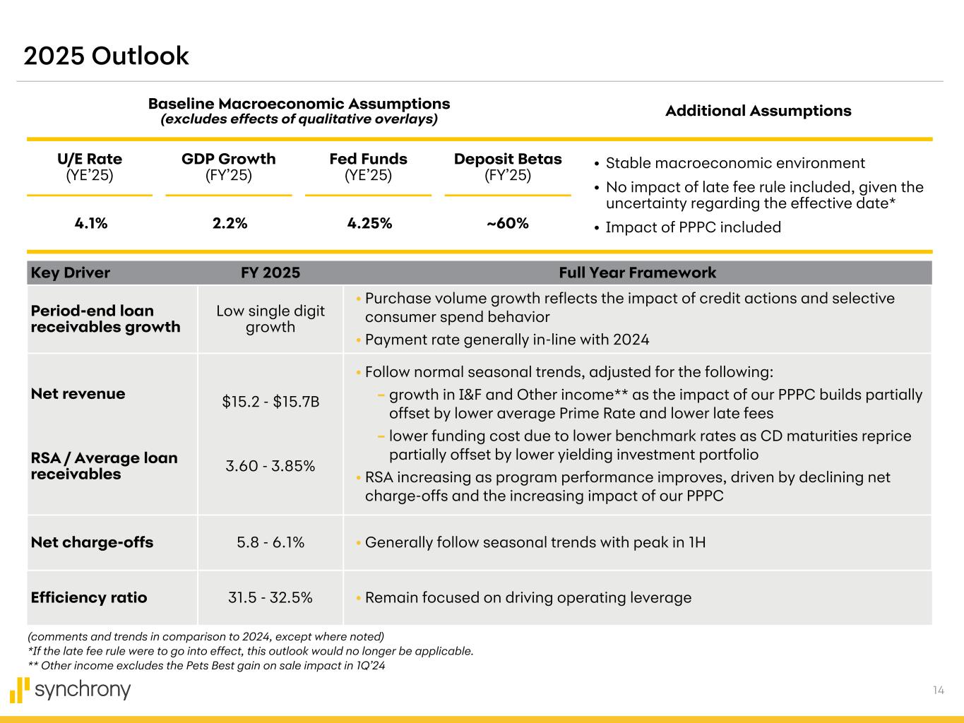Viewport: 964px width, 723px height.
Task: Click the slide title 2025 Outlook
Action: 106,56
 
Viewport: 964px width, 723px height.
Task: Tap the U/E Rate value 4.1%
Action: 91,224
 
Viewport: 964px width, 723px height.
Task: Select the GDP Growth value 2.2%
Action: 230,224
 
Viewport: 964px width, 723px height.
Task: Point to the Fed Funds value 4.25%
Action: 369,224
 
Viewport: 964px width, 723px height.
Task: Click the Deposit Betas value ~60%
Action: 508,224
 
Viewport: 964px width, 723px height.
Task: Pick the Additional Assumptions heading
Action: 758,111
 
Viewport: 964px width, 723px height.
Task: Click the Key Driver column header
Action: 71,273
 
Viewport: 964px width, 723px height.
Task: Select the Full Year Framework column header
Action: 637,273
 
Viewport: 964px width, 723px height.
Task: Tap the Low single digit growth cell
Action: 270,319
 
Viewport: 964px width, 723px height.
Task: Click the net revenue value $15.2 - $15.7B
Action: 270,402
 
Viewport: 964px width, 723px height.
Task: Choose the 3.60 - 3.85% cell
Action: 270,466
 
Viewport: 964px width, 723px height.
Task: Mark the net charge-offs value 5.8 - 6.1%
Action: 270,542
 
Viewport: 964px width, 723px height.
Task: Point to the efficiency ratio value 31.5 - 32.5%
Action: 270,597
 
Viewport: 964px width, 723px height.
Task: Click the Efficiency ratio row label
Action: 89,597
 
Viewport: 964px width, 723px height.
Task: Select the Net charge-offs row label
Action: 92,542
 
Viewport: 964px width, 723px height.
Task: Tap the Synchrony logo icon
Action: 20,690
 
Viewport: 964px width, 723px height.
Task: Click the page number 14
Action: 938,691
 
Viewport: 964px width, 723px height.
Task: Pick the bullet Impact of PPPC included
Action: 693,227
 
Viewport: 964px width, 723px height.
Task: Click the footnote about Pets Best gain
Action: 206,665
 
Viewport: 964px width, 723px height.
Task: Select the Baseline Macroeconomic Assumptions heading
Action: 299,104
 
